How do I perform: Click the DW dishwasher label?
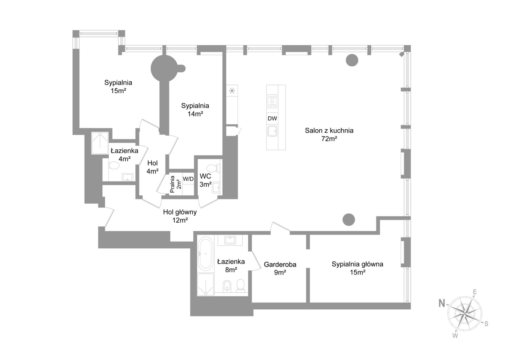tap(272, 118)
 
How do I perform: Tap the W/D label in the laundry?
tap(188, 179)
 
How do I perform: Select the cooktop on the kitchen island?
tap(272, 101)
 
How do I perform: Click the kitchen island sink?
tap(272, 131)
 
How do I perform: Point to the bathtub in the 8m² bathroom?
tap(205, 254)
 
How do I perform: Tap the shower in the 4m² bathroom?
tap(100, 143)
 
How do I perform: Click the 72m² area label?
tap(329, 139)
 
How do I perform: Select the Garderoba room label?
tap(280, 264)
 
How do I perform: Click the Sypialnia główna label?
tap(358, 264)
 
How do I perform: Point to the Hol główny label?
tap(180, 212)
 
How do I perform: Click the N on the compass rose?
tap(442, 303)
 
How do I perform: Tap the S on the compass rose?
tap(486, 324)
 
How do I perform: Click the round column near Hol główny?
tap(349, 220)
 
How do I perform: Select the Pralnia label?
tap(172, 184)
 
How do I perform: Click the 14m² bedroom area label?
tap(195, 114)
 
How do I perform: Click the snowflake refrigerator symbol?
tap(232, 91)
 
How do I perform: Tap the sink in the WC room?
tap(216, 188)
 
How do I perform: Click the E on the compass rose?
tap(475, 292)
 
